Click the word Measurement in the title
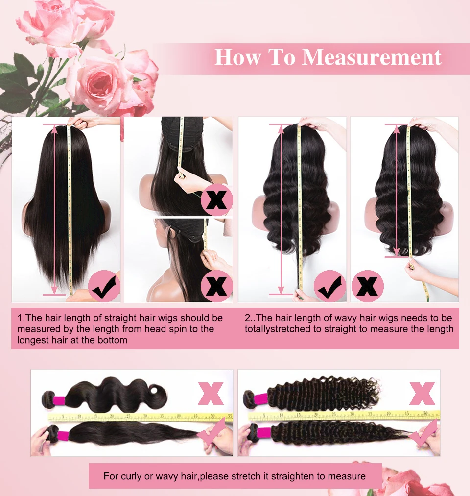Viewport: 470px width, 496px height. pyautogui.click(x=372, y=57)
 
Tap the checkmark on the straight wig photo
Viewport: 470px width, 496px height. pyautogui.click(x=104, y=287)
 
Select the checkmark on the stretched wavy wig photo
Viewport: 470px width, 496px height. pyautogui.click(x=329, y=286)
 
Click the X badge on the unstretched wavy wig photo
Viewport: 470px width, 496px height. pyautogui.click(x=367, y=286)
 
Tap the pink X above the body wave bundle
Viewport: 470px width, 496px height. pyautogui.click(x=211, y=393)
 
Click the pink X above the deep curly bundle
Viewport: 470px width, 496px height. pyautogui.click(x=423, y=394)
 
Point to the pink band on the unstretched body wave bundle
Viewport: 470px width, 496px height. pyautogui.click(x=59, y=400)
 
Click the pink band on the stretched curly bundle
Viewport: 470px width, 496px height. pyautogui.click(x=264, y=432)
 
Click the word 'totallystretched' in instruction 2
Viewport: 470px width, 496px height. pyautogui.click(x=278, y=329)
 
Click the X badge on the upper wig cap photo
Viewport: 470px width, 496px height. pyautogui.click(x=216, y=200)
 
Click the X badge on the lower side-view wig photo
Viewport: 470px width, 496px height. pyautogui.click(x=216, y=286)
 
